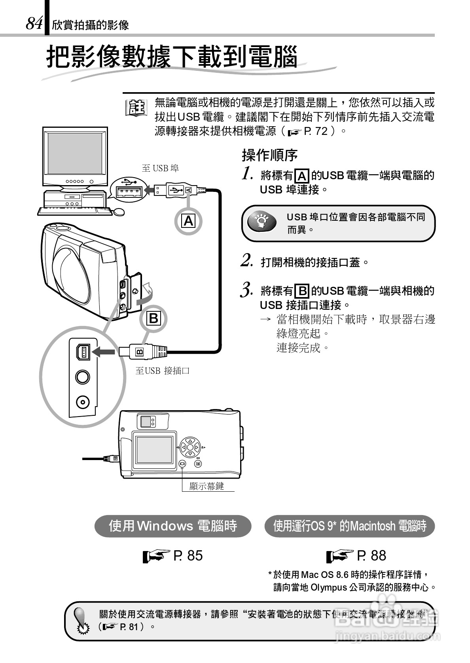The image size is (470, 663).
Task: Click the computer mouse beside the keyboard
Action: (118, 212)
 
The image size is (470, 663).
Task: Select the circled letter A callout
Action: (189, 220)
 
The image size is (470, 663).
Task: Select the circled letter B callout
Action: (154, 318)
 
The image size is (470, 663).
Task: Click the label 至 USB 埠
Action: (160, 168)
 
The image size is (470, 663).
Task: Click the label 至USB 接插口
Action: (162, 371)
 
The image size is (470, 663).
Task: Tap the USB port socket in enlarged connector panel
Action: (83, 351)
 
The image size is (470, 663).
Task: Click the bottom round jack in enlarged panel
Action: (83, 403)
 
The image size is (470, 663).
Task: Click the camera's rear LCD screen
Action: (154, 449)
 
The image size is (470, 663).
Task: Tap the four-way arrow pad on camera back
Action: (190, 447)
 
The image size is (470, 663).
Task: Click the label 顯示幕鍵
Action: (207, 486)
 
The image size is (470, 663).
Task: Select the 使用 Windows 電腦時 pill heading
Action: (173, 526)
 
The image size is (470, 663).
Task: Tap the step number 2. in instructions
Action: (247, 261)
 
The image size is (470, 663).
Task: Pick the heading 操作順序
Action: (269, 155)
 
